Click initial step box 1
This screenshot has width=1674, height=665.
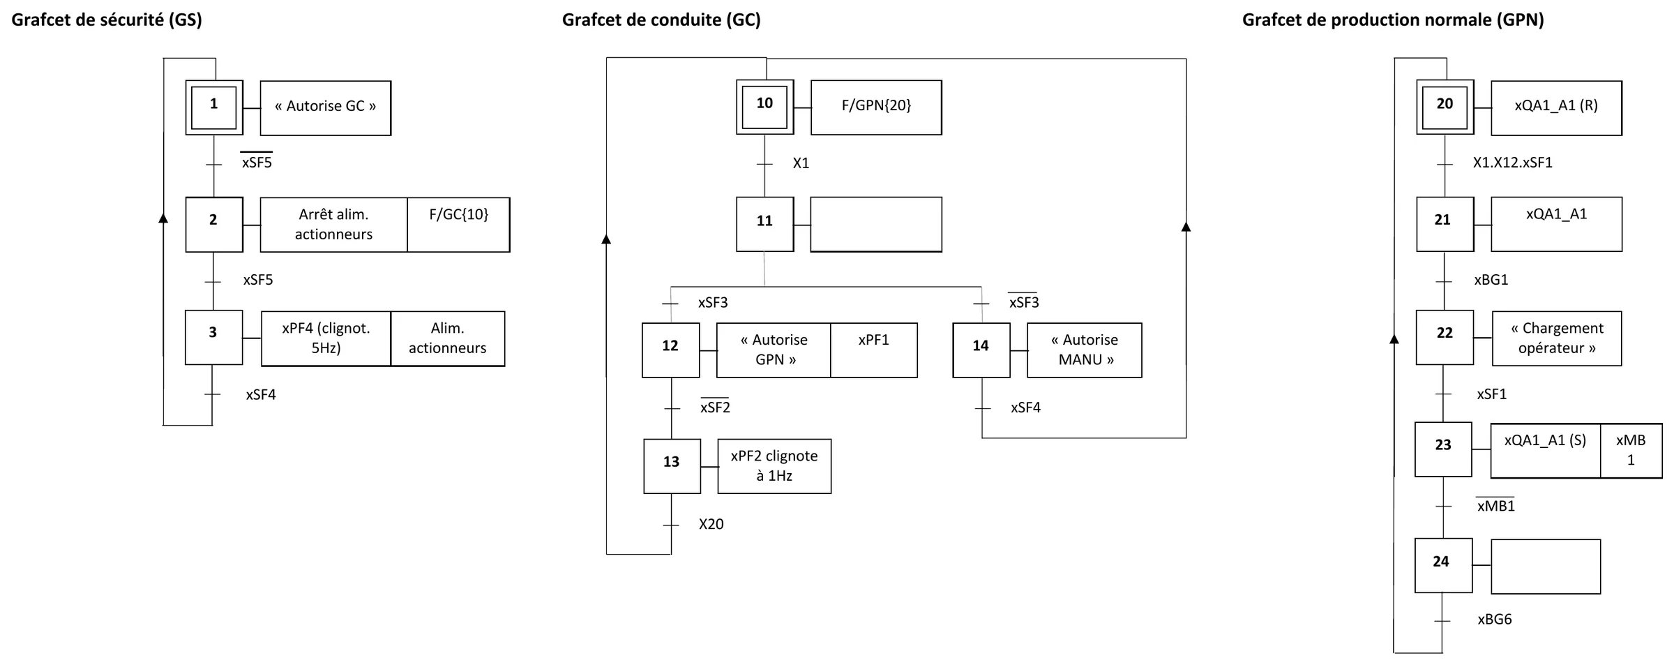pos(214,107)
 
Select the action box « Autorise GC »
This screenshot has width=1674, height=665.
pos(326,108)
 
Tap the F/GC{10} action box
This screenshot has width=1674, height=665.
pos(458,225)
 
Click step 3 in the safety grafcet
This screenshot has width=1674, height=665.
pos(213,338)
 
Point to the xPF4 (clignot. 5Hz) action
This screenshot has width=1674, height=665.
pos(326,338)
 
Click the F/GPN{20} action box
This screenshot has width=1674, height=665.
pos(876,107)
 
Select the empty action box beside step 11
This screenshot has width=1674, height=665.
pos(876,224)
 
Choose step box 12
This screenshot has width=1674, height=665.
pos(671,350)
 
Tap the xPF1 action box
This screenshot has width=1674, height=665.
pos(874,350)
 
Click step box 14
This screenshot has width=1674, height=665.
pos(981,350)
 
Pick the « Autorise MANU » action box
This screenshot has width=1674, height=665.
pos(1085,350)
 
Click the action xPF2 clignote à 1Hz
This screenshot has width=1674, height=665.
pos(774,466)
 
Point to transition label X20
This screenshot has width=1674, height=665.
pos(711,524)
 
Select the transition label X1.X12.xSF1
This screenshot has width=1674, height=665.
pos(1513,163)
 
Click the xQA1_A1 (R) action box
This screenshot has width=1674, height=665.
pos(1556,107)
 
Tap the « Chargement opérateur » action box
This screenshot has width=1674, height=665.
pos(1557,338)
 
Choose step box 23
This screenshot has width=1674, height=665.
pos(1444,449)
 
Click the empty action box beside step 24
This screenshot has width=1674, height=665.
pos(1546,567)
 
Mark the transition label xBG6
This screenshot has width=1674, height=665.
pos(1495,620)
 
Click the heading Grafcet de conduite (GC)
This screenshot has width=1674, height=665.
pos(661,20)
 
